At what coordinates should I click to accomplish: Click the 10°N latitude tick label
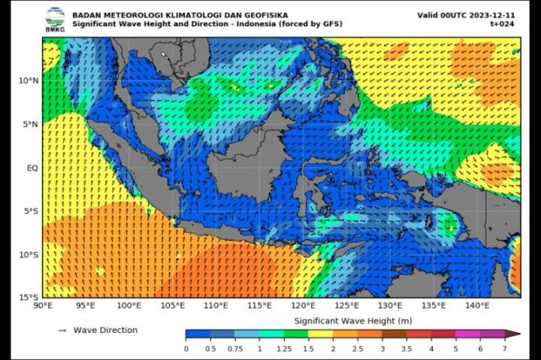click(x=29, y=81)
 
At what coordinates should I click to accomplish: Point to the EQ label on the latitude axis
click(x=32, y=168)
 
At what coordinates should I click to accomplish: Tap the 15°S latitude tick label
click(x=29, y=298)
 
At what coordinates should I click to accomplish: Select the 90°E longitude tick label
click(x=43, y=306)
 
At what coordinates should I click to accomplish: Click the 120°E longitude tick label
click(x=303, y=306)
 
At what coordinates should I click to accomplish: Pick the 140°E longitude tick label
click(x=477, y=306)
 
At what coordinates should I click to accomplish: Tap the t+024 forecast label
click(x=502, y=24)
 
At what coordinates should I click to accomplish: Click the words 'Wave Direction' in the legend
click(x=105, y=330)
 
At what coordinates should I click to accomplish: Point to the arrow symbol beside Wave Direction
click(x=62, y=330)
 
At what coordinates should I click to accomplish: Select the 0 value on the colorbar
click(x=186, y=349)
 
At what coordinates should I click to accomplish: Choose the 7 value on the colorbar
click(x=505, y=349)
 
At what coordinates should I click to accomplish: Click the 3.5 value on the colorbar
click(x=407, y=349)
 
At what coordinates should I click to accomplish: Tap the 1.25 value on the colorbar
click(x=285, y=349)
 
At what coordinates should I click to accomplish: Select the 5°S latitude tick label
click(x=30, y=211)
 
